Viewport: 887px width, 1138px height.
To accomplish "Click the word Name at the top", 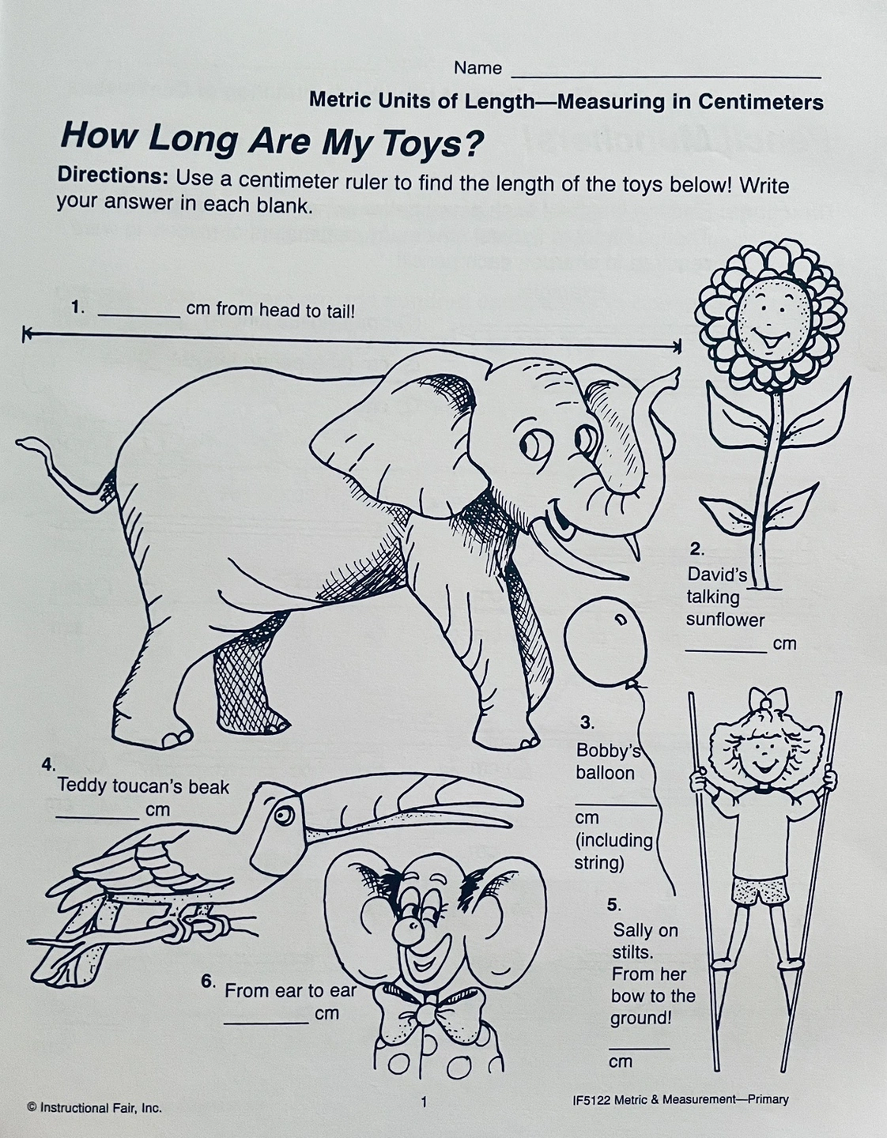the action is [477, 68].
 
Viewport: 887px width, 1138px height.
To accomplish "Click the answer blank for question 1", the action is [139, 315].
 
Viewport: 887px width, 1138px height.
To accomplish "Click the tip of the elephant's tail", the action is [18, 443].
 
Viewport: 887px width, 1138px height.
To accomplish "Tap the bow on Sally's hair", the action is [768, 699].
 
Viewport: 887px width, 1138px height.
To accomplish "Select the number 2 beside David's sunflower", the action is [696, 549].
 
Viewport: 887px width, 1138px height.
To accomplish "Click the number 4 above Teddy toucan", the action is [48, 765].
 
